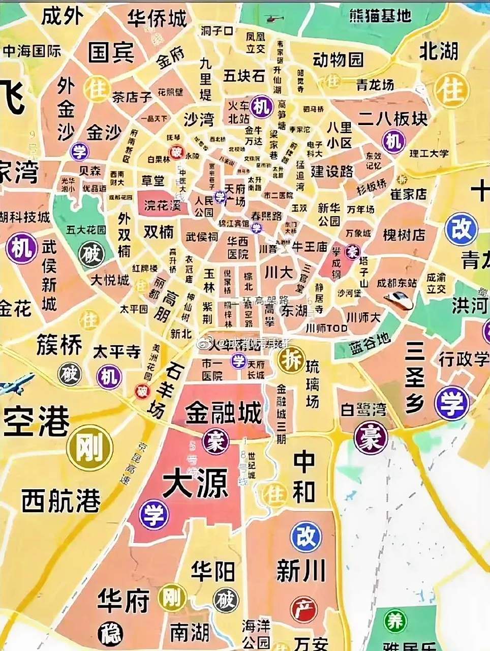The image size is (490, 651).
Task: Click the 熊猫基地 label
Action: pos(380,16)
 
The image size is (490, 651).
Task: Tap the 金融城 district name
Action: pos(223,413)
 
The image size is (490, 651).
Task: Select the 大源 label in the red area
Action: pos(195,485)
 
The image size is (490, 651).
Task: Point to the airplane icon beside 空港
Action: pos(15,383)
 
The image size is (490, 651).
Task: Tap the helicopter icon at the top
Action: pos(274,19)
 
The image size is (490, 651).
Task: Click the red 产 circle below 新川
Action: pos(303,609)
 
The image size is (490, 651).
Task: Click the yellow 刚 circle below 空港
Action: pos(90,448)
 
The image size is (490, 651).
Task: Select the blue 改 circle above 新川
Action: pos(306,537)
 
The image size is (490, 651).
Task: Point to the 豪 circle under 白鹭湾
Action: pos(371,438)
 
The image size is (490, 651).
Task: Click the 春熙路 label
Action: pos(266,216)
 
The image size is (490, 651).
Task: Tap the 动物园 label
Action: pos(338,60)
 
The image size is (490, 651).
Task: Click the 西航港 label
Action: pos(61,501)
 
